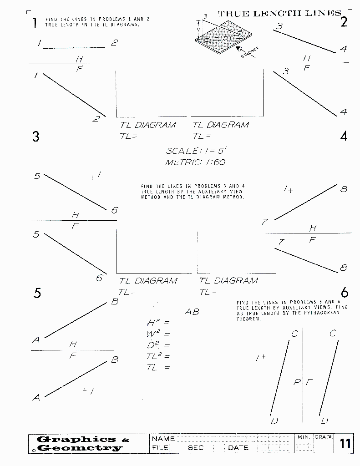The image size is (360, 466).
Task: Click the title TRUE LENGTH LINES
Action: tap(279, 13)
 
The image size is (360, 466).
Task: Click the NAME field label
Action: tap(163, 439)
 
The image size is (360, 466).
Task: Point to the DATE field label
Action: tap(238, 448)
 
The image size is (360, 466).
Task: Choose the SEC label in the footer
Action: tap(196, 448)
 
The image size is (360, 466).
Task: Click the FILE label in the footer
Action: tap(160, 448)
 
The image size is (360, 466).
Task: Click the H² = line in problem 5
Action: tap(158, 323)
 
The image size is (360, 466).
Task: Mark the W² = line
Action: tap(158, 334)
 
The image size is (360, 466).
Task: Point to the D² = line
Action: tap(158, 345)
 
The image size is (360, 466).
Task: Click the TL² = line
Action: tap(158, 356)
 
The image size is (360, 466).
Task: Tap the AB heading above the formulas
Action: tap(192, 312)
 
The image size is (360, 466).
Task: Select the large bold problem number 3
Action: tap(36, 137)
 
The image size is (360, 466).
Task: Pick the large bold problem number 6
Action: tap(344, 293)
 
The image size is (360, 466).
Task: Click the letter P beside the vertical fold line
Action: tap(297, 382)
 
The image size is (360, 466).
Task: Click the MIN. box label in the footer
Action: tap(304, 437)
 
